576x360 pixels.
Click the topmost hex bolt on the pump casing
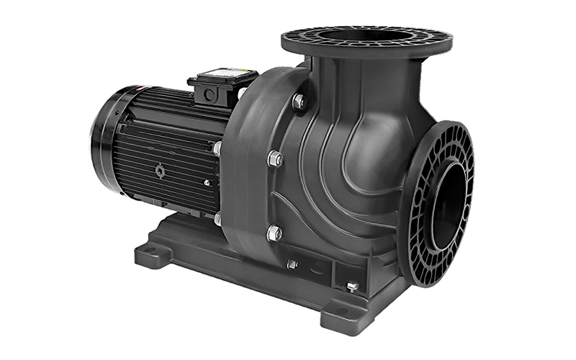pos(298,102)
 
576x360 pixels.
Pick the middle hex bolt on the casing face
pos(275,158)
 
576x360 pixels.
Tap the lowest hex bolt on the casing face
pos(274,233)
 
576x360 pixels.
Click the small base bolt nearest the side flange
pos(351,287)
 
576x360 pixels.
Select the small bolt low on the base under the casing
pos(292,264)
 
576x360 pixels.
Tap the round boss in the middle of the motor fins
pos(160,170)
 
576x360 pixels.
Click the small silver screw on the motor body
pos(207,182)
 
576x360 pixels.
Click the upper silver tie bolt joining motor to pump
pos(217,149)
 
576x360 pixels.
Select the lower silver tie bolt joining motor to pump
pos(217,217)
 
